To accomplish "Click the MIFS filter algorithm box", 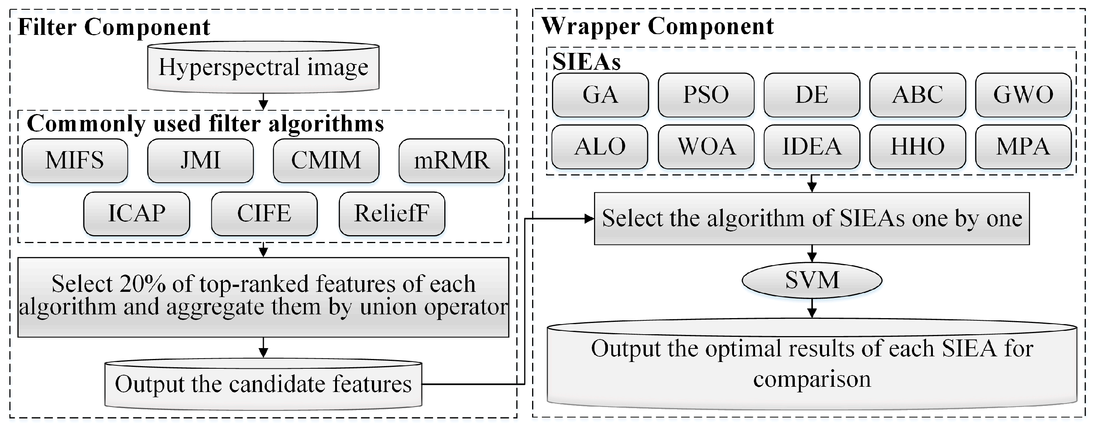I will [x=75, y=161].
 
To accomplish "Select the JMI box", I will [x=200, y=161].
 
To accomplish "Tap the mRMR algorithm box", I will [x=451, y=161].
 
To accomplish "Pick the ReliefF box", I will [x=391, y=214].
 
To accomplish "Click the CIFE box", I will [x=264, y=214].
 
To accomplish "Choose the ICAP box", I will [x=137, y=214].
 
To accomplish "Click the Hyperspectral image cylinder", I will [x=263, y=67].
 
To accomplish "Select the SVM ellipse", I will [x=812, y=280].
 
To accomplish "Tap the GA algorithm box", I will [x=600, y=95].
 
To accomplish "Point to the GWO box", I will [x=1023, y=95].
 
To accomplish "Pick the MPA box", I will [x=1023, y=147].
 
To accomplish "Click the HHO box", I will [x=918, y=147].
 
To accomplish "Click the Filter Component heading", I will [x=114, y=27].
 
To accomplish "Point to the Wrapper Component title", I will [x=657, y=26].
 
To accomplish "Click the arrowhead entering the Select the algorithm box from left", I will [x=589, y=219].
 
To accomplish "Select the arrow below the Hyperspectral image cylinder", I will [x=263, y=102].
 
